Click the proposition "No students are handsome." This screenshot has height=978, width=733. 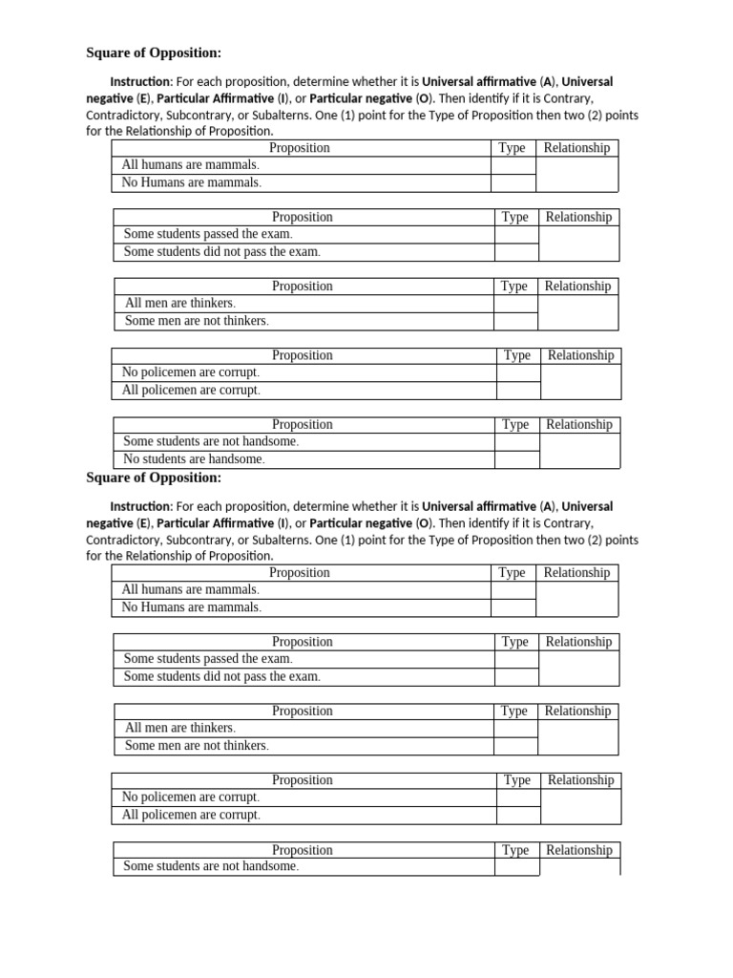click(x=194, y=459)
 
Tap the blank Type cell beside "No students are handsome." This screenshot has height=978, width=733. click(x=516, y=459)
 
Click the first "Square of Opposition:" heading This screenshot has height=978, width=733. click(x=154, y=53)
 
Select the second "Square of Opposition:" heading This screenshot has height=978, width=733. click(x=154, y=478)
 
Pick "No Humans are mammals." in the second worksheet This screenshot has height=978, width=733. click(x=191, y=607)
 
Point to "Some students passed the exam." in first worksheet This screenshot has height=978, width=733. click(x=208, y=234)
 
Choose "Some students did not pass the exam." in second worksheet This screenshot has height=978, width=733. click(x=221, y=676)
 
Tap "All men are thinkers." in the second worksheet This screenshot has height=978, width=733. click(x=179, y=728)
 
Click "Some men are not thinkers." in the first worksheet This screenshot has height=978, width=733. click(x=197, y=321)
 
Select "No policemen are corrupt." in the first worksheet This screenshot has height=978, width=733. click(x=191, y=372)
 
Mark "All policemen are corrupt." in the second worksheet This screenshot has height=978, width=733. click(x=191, y=815)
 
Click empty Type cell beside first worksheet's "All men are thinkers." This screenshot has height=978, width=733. click(x=515, y=304)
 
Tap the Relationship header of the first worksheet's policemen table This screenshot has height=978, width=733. click(x=580, y=355)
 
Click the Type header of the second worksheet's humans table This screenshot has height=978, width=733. click(x=513, y=573)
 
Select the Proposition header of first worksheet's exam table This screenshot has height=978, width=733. click(x=303, y=217)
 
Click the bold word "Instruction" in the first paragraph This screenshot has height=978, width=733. click(x=140, y=82)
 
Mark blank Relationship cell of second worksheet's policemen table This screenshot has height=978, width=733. click(x=580, y=806)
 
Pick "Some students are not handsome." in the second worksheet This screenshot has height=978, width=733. click(x=211, y=866)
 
